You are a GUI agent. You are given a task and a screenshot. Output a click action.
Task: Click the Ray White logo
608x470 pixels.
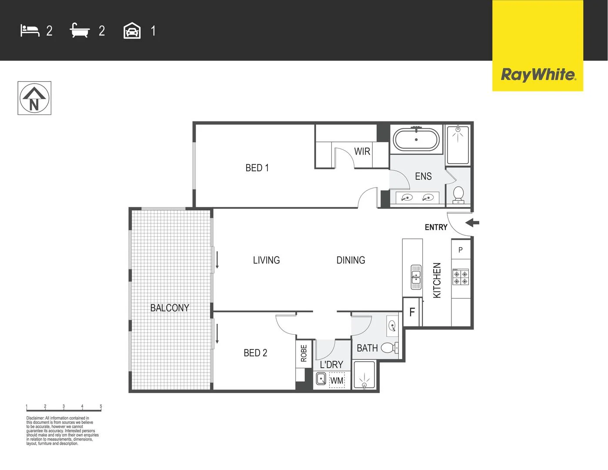click(538, 74)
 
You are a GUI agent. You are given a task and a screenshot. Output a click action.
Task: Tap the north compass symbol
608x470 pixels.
click(34, 98)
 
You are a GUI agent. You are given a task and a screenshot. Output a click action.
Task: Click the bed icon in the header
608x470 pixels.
click(30, 30)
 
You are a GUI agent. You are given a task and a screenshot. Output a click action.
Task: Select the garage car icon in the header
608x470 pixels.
click(132, 31)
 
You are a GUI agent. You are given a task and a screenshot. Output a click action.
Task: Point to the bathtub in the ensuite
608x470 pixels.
click(416, 140)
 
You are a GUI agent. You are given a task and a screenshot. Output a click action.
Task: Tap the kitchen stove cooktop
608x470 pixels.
click(461, 277)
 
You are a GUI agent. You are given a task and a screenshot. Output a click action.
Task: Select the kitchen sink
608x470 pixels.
click(416, 277)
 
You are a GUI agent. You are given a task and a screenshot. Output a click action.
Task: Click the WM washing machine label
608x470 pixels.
click(337, 381)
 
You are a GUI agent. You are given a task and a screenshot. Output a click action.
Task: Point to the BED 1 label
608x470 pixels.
click(257, 168)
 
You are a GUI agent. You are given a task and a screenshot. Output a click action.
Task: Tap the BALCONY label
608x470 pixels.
click(170, 308)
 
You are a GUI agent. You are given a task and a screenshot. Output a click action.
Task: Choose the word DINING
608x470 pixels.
click(351, 260)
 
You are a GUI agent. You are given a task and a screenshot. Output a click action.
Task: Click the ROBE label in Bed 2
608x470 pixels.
click(304, 353)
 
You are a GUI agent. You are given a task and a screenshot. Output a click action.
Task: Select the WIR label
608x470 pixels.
click(362, 151)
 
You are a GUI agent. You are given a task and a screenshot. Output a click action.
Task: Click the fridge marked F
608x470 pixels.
click(412, 312)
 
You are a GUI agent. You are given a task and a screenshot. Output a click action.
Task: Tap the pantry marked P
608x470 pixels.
click(461, 250)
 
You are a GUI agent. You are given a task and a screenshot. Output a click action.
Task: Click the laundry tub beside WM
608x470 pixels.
click(321, 379)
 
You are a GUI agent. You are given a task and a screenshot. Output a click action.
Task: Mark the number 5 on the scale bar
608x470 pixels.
click(101, 406)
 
